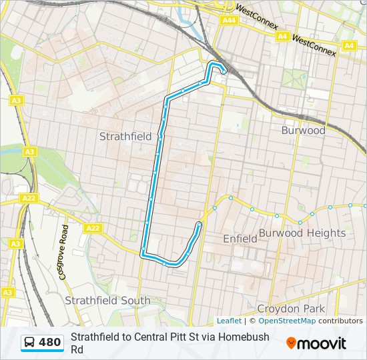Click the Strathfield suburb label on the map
point(125,136)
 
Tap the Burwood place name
point(303,130)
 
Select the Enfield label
point(240,238)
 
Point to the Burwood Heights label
point(302,233)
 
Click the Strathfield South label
point(107,301)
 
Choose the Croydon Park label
point(292,309)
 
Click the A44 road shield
point(229,21)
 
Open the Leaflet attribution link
point(229,321)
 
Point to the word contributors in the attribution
point(340,321)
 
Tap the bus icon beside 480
point(30,343)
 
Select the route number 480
point(50,343)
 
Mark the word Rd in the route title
point(77,349)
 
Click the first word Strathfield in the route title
point(94,337)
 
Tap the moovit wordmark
point(322,343)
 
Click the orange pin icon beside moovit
point(291,343)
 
